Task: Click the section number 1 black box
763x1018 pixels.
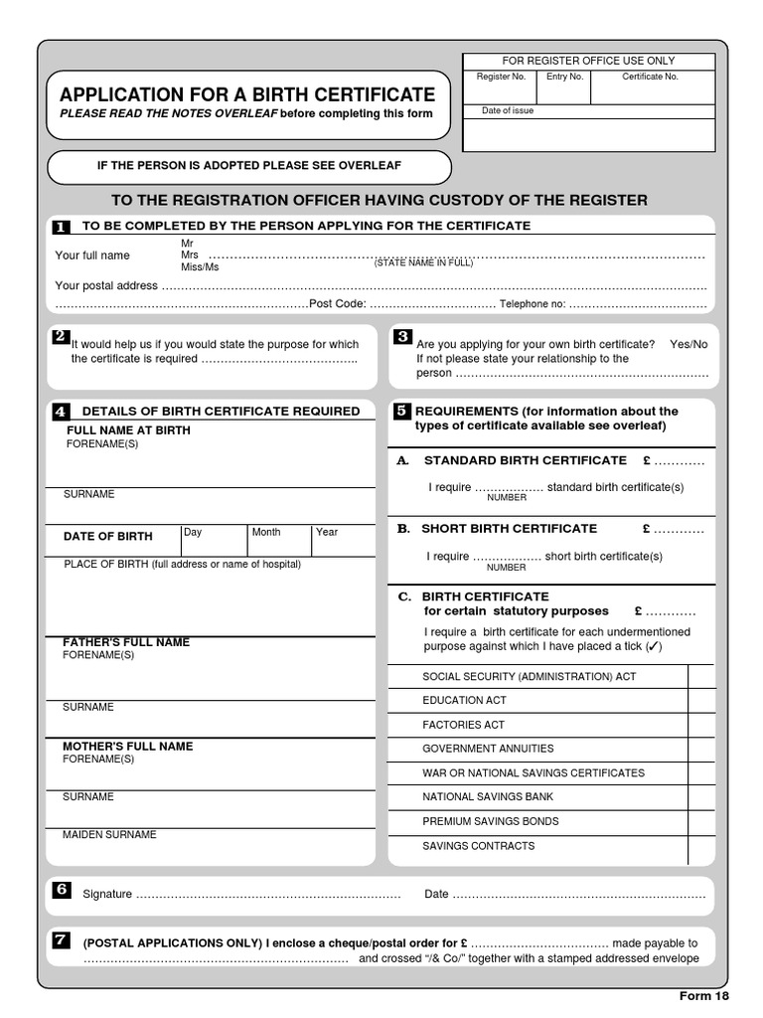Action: click(62, 228)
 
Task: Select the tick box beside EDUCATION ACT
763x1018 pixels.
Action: click(700, 701)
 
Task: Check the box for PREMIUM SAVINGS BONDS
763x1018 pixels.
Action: click(700, 822)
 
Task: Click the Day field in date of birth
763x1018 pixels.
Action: click(213, 541)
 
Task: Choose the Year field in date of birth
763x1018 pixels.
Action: click(343, 541)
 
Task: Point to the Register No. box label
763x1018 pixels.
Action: click(501, 77)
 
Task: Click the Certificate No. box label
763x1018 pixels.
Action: click(650, 77)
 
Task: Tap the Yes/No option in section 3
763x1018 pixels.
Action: click(688, 344)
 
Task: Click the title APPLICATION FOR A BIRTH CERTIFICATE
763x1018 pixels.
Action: click(247, 95)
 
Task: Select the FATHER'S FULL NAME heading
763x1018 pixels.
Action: click(126, 642)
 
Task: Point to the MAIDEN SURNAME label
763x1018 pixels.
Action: click(110, 835)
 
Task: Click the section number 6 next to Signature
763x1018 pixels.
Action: click(62, 890)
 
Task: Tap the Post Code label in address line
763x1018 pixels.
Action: click(338, 304)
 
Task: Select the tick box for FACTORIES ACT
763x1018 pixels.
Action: click(700, 726)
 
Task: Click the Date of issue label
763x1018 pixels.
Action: click(508, 111)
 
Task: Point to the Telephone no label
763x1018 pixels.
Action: click(533, 304)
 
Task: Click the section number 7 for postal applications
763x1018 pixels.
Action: click(62, 939)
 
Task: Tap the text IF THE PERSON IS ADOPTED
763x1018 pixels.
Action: click(249, 165)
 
